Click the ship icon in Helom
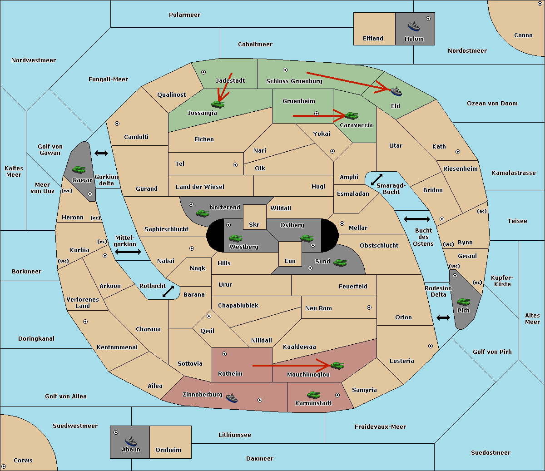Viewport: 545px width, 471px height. click(x=414, y=26)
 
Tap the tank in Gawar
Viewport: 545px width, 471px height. click(x=79, y=170)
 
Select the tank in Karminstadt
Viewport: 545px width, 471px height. click(x=313, y=395)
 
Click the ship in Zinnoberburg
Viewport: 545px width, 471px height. click(x=232, y=398)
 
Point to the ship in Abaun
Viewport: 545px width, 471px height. click(x=131, y=441)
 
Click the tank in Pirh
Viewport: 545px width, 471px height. click(x=463, y=302)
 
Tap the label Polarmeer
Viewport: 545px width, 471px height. click(x=184, y=15)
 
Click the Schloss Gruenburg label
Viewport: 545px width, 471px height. click(x=294, y=81)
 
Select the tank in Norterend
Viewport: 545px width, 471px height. click(x=202, y=213)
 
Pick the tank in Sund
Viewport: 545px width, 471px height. click(x=340, y=263)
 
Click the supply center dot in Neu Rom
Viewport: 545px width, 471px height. click(x=369, y=307)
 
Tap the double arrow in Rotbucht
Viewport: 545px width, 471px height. click(x=168, y=292)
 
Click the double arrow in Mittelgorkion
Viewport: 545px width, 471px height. click(x=128, y=252)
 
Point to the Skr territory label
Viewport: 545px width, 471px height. click(x=254, y=224)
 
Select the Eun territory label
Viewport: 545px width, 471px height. click(x=290, y=261)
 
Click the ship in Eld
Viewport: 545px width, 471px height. click(x=396, y=91)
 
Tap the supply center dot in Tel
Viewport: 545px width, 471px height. click(x=235, y=165)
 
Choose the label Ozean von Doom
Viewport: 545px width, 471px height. click(x=492, y=104)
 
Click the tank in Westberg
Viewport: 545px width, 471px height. click(x=235, y=238)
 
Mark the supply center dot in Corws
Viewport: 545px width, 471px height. click(x=4, y=466)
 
